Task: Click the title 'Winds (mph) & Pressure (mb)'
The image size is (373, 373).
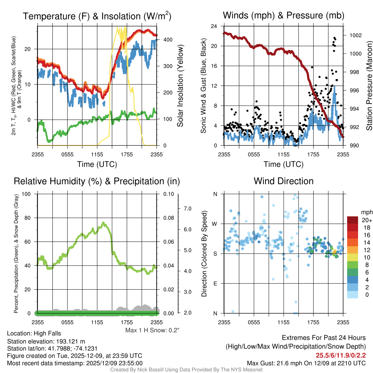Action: (283, 16)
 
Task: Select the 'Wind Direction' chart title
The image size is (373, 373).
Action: (283, 181)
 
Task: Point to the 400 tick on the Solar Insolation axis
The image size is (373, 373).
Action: (164, 39)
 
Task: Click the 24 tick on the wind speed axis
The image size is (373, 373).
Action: (214, 26)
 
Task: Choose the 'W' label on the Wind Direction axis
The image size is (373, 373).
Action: (215, 224)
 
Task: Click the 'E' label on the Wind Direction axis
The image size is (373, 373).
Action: (215, 283)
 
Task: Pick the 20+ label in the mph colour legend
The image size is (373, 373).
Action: (366, 220)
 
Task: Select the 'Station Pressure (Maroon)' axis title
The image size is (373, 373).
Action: (369, 86)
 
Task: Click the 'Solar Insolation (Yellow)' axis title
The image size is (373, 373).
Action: (180, 86)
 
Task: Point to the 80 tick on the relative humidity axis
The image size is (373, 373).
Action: (29, 218)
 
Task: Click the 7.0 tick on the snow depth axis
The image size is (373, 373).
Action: (187, 209)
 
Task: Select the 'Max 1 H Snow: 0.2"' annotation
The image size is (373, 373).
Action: (152, 330)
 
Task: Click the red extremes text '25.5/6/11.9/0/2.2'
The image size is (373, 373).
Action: (341, 355)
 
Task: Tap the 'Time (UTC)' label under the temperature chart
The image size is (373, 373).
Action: (97, 164)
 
